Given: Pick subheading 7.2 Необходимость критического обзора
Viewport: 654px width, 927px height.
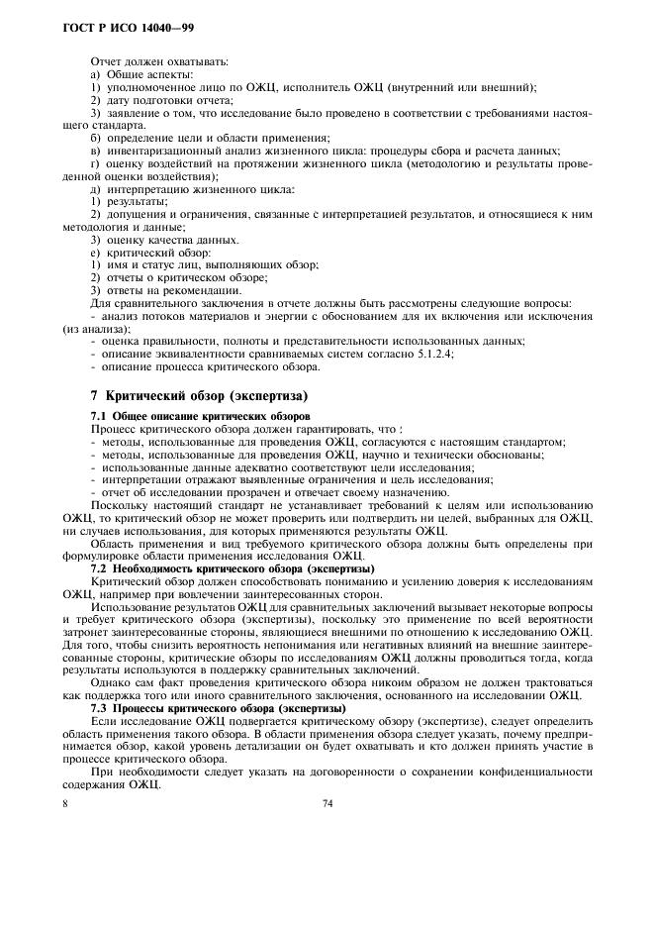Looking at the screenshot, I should [231, 569].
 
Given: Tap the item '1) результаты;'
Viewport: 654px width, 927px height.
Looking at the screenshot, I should [129, 201].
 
